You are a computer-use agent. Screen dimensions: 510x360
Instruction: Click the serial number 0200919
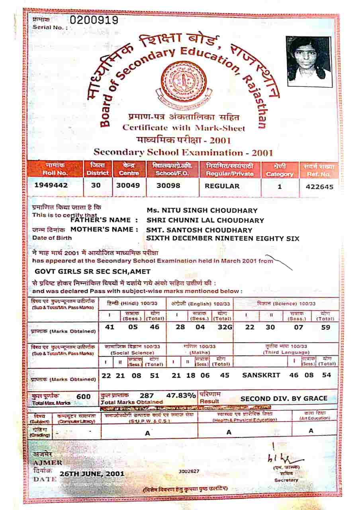tap(94, 20)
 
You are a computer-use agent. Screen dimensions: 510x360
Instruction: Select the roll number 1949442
tap(51, 186)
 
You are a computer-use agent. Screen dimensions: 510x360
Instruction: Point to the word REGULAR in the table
tap(222, 186)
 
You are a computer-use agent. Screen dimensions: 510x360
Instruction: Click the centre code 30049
tap(128, 186)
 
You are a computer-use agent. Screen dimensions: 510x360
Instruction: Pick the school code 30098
tap(168, 186)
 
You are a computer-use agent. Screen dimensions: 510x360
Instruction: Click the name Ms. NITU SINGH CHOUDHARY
tap(202, 210)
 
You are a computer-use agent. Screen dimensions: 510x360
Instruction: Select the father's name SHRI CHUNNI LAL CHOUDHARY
tap(205, 220)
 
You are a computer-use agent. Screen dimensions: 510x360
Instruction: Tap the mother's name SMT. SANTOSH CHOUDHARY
tap(200, 230)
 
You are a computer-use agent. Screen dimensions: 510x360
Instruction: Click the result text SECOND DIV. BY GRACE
tap(284, 398)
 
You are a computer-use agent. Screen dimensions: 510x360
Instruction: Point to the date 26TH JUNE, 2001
tap(92, 474)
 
